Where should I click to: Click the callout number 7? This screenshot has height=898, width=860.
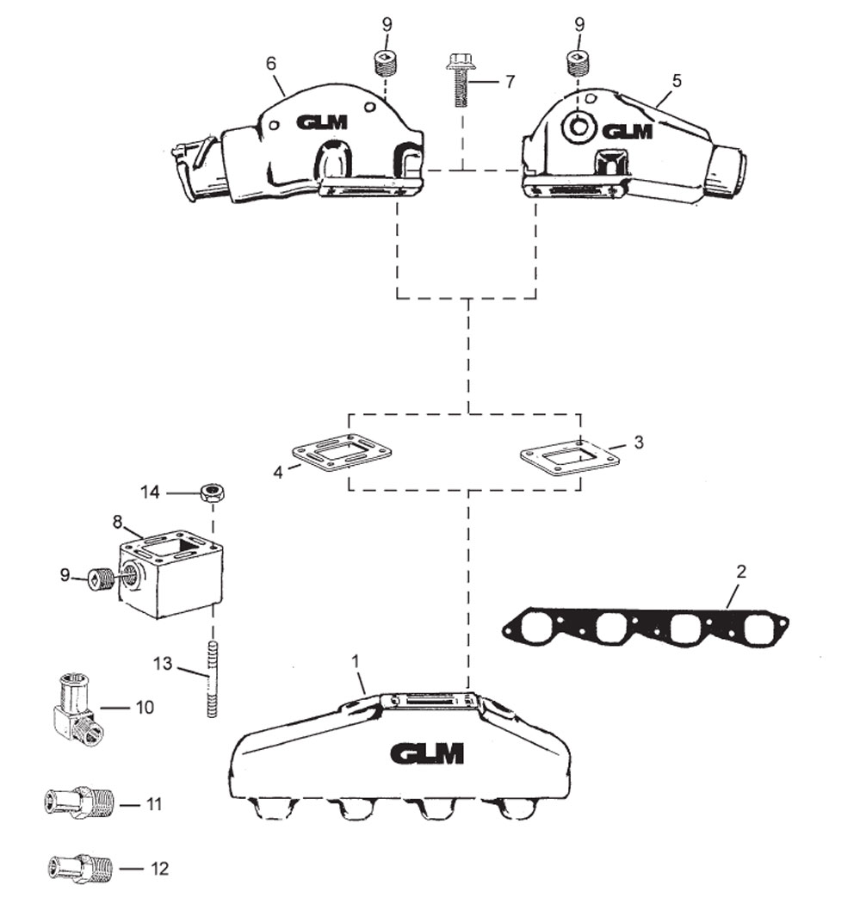coord(510,82)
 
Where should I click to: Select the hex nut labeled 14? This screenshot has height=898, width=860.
coord(210,493)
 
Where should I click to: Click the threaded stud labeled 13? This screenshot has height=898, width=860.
coord(211,681)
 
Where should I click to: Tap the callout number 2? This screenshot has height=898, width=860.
coord(741,571)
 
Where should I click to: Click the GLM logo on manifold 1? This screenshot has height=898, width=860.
coord(427,753)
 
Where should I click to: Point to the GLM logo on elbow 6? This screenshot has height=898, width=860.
coord(322,122)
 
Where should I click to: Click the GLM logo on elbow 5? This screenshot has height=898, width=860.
coord(627,132)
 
